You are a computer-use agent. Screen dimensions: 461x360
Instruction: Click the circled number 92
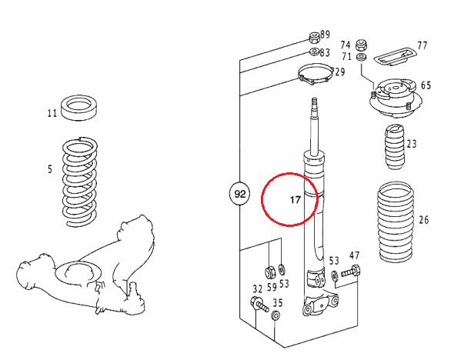(239, 194)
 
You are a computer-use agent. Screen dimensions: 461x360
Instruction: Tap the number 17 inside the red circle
(296, 200)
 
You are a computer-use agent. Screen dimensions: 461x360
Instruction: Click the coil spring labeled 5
(80, 182)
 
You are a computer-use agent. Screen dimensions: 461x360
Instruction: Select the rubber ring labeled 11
(79, 107)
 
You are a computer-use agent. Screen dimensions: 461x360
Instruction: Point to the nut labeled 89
(314, 37)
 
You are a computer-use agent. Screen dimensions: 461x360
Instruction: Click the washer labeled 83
(315, 51)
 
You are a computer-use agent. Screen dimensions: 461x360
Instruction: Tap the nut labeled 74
(361, 45)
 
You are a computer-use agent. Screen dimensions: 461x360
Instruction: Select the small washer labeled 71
(361, 57)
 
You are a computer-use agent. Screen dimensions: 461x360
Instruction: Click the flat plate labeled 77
(396, 56)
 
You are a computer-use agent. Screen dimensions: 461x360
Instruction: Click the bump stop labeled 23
(395, 147)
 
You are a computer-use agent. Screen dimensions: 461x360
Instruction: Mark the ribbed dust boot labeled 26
(396, 222)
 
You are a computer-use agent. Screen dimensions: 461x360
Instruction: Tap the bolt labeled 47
(351, 272)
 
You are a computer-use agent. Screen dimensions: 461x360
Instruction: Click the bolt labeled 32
(259, 305)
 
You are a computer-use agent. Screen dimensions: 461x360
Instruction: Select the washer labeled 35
(276, 315)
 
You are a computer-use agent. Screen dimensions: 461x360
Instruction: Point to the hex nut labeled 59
(269, 272)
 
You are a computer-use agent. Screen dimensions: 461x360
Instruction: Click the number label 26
(423, 219)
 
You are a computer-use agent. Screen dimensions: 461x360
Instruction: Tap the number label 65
(426, 85)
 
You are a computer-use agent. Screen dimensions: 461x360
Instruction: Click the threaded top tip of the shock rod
(314, 102)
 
